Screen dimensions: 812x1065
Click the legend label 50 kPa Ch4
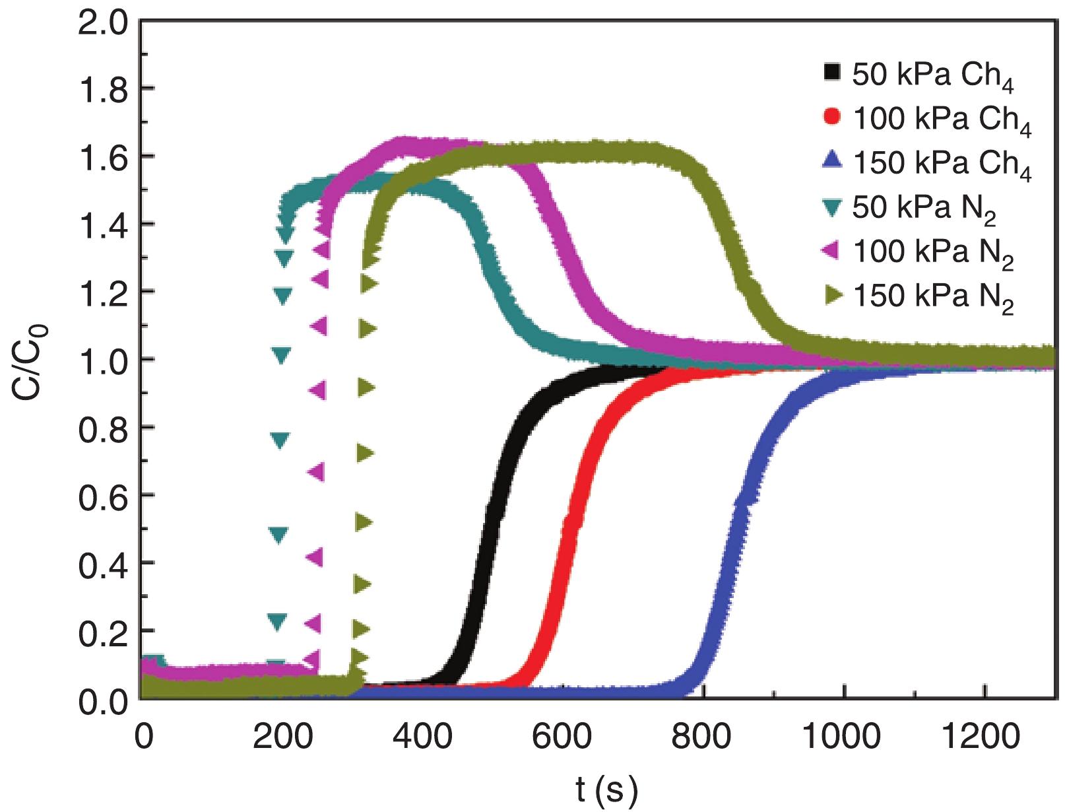[932, 75]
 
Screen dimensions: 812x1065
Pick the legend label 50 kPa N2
[924, 208]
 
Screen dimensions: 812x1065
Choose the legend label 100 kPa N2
[933, 252]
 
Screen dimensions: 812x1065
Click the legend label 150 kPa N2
[933, 296]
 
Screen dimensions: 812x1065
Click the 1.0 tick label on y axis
[103, 362]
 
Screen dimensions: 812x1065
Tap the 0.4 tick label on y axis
[103, 565]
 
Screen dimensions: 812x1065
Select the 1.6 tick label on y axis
[103, 158]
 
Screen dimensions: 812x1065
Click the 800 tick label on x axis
[701, 736]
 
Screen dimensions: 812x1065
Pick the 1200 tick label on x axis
[981, 736]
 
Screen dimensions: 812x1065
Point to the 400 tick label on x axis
[422, 736]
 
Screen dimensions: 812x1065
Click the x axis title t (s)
[606, 790]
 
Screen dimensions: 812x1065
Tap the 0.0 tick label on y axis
[103, 701]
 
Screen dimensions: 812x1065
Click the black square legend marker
[833, 72]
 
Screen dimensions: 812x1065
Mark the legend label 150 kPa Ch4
[942, 164]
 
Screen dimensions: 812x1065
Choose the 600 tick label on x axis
[562, 736]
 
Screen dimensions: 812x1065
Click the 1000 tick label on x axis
[841, 736]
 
